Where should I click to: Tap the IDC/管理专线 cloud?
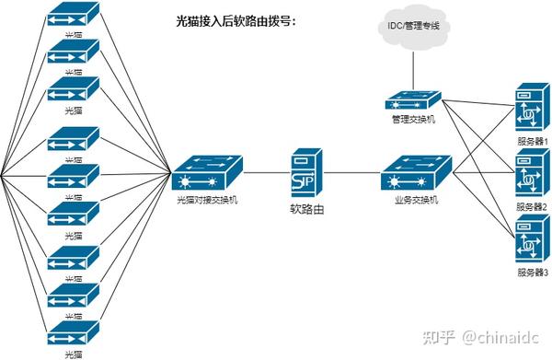pos(413,27)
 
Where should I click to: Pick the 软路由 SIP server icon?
pos(307,171)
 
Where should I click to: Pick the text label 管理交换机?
pos(413,120)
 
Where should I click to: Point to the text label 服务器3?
pos(532,273)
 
